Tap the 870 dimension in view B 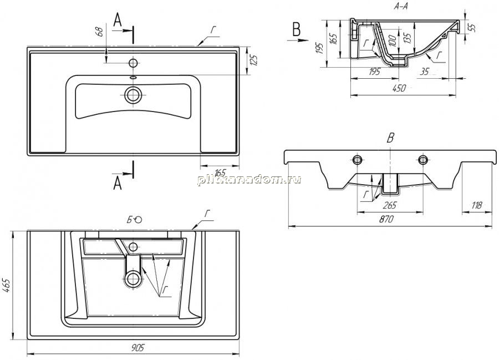(386, 219)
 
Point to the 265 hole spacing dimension (390, 205)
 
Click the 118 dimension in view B (476, 205)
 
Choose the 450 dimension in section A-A (399, 88)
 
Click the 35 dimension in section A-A (425, 72)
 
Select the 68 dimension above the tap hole (99, 32)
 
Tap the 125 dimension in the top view (254, 60)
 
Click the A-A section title (401, 6)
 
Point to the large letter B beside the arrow (297, 31)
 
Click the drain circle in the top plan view (133, 95)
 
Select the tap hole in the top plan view (133, 63)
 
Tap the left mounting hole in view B (358, 159)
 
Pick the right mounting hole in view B (423, 159)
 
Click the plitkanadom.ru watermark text (249, 180)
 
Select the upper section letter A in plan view (118, 21)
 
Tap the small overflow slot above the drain (133, 77)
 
